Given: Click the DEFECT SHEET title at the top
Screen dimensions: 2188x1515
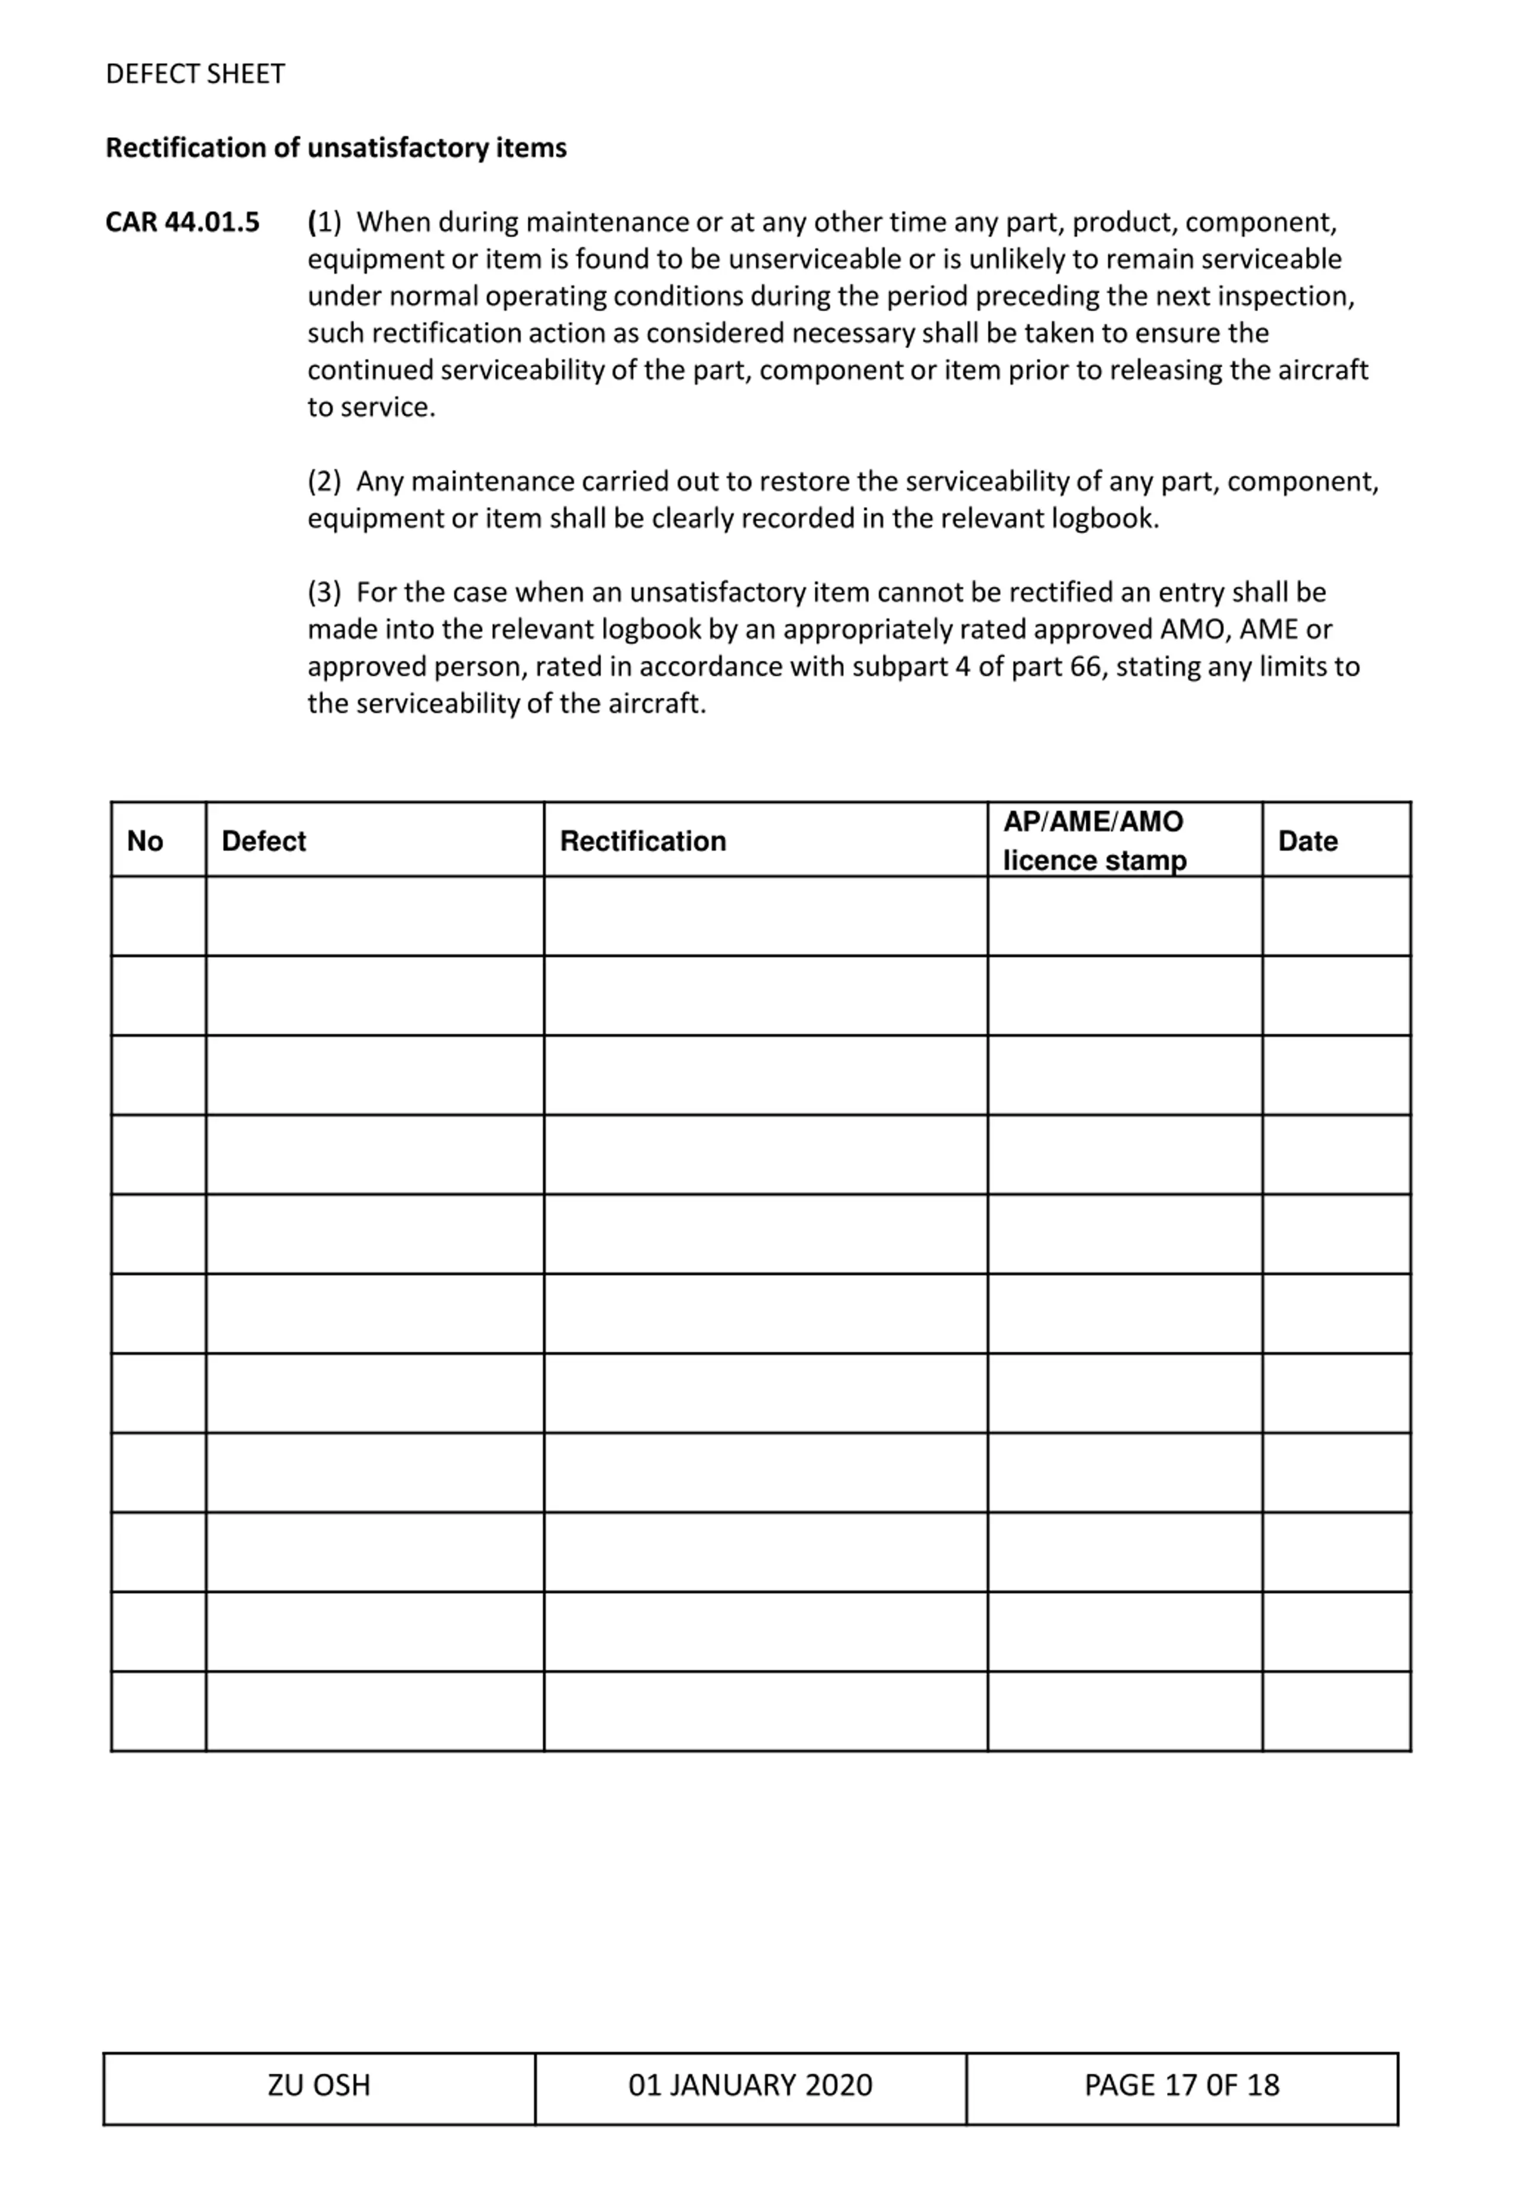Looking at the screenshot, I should [x=195, y=74].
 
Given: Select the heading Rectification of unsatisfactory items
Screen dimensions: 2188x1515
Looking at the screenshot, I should [x=336, y=148].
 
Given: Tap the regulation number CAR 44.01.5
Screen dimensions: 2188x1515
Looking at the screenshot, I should [x=182, y=222].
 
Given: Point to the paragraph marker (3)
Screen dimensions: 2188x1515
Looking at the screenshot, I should [x=324, y=593].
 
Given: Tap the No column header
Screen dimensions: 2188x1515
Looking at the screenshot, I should [x=145, y=841].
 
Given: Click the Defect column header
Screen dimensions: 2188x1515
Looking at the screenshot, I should [x=264, y=841].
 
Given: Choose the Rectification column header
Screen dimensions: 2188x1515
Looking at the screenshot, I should [x=643, y=841].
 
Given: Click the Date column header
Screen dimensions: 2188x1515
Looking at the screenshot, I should [x=1307, y=841].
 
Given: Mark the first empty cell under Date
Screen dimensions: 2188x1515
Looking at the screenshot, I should [x=1336, y=916].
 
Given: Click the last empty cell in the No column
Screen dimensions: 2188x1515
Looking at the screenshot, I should [x=159, y=1712].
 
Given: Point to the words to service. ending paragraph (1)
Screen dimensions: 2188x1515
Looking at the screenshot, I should [x=371, y=408].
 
